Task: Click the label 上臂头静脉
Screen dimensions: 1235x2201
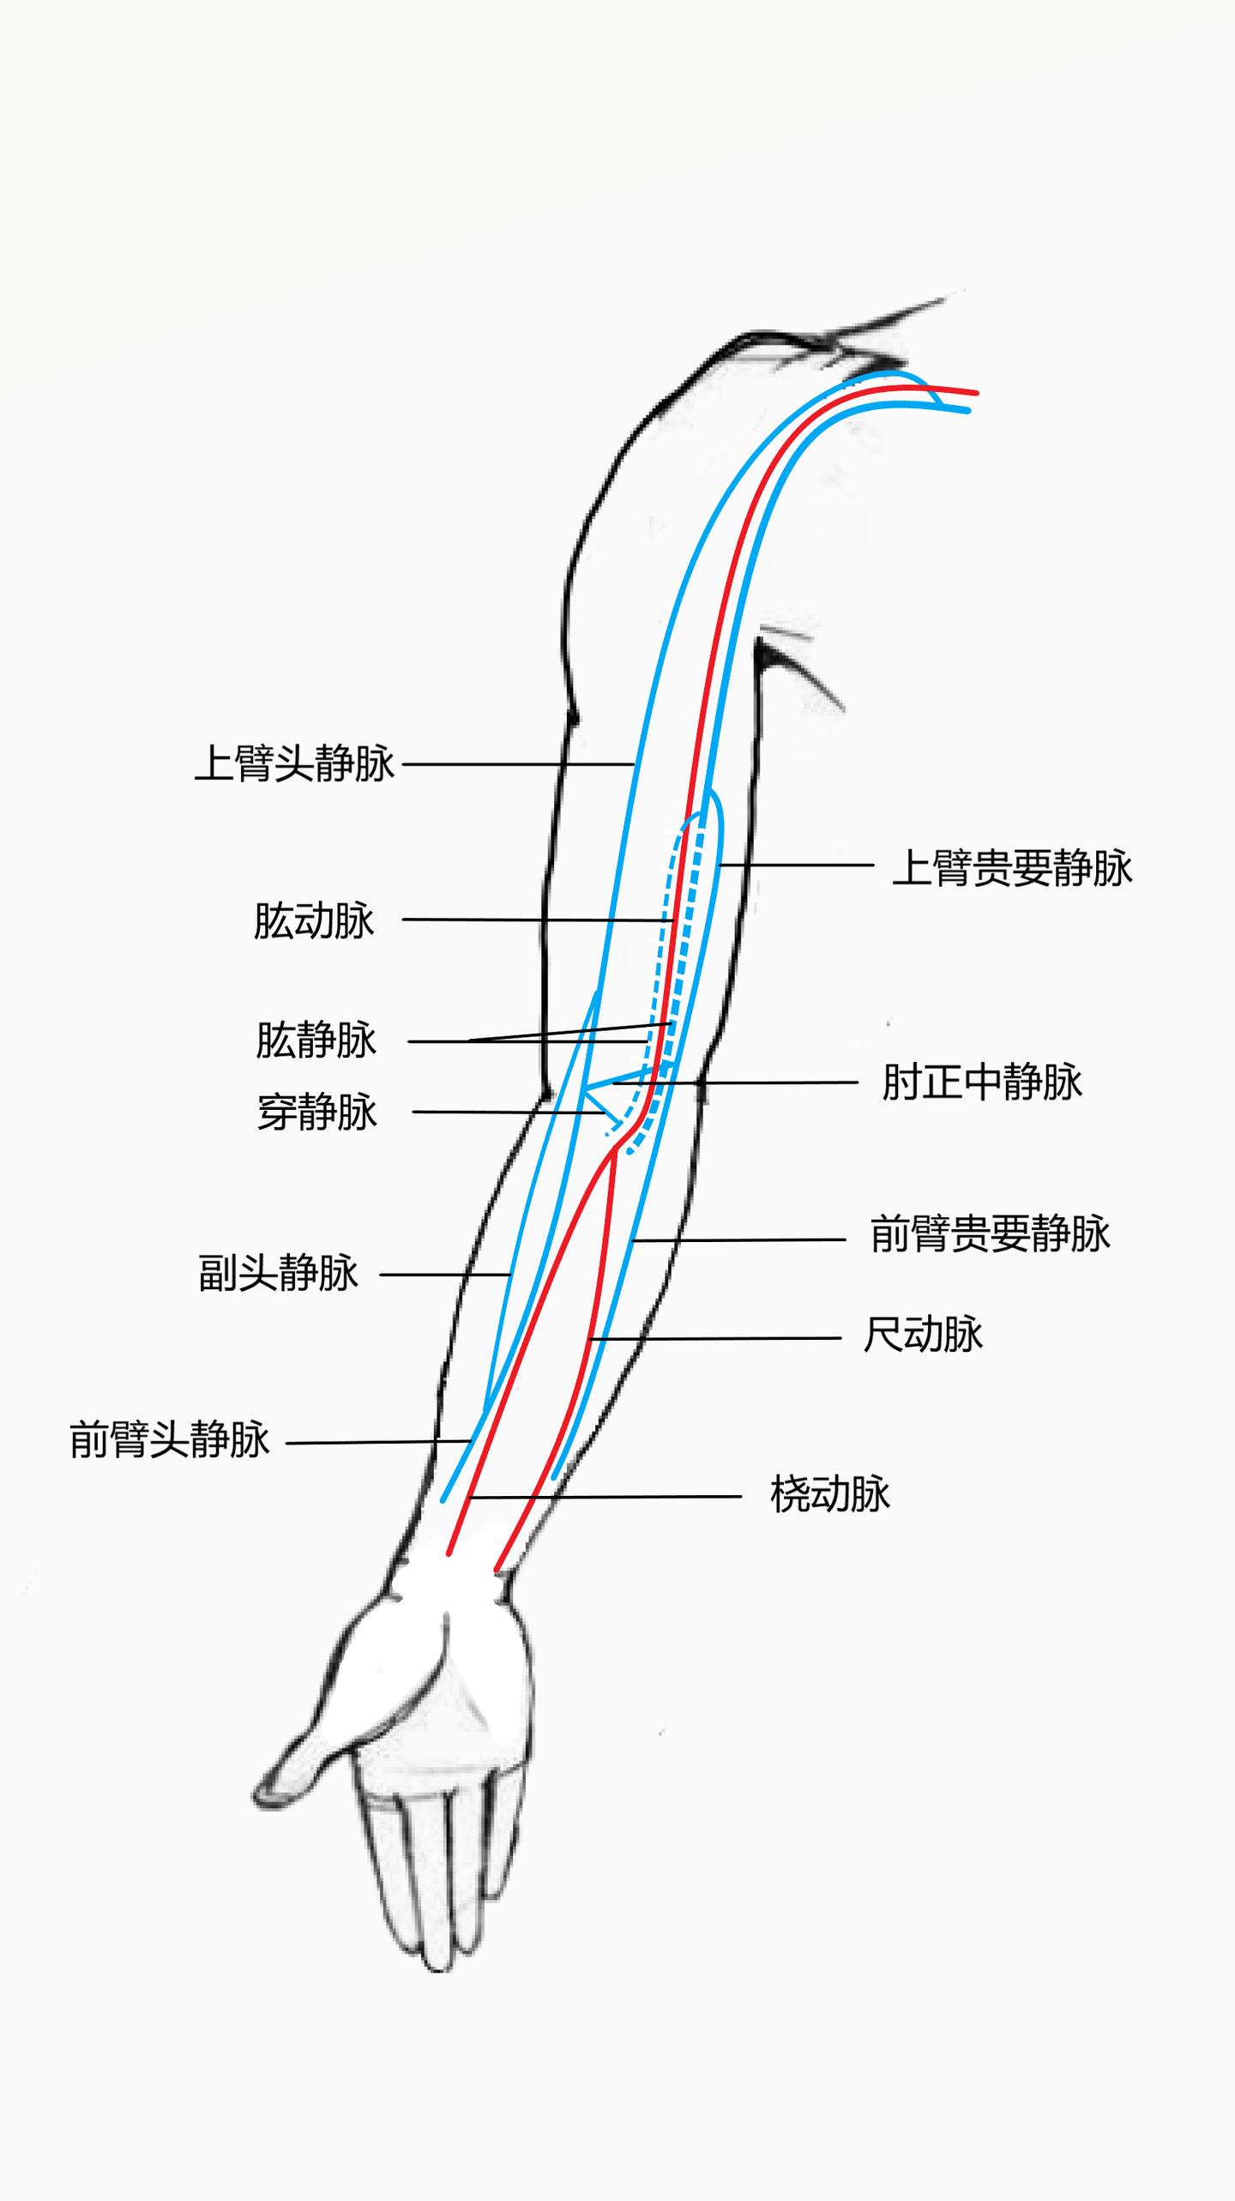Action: click(295, 763)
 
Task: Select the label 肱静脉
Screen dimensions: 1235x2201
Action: click(316, 1040)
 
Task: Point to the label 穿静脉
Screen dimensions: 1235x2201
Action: click(317, 1113)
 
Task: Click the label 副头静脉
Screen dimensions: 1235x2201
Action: click(278, 1273)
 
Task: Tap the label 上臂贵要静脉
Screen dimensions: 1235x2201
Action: click(1012, 867)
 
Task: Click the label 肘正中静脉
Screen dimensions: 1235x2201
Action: click(982, 1082)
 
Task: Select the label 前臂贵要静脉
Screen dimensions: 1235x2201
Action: click(990, 1234)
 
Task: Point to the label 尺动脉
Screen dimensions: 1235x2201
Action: click(923, 1335)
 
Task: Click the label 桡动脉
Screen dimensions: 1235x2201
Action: click(830, 1494)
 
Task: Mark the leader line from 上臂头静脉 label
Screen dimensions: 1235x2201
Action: click(515, 763)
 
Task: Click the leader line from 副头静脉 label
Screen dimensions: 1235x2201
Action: click(446, 1275)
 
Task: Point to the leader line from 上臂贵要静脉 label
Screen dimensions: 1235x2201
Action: click(798, 865)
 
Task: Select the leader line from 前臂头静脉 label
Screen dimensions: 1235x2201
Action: click(377, 1442)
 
